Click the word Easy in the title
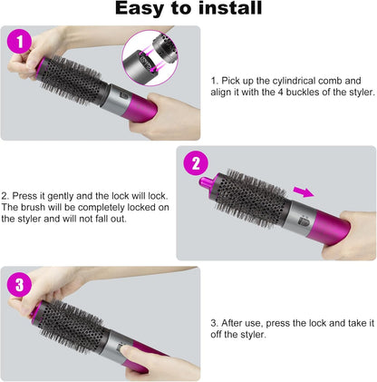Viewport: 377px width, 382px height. [x=140, y=8]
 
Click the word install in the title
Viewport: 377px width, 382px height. [x=230, y=7]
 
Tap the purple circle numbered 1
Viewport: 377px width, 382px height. [x=19, y=42]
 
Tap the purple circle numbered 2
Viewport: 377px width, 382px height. [x=196, y=163]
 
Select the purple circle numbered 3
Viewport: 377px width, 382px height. [x=19, y=285]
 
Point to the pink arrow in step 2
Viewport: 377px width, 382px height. [x=304, y=191]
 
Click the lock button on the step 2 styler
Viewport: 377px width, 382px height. [x=303, y=221]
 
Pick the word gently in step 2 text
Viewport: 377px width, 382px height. [x=61, y=196]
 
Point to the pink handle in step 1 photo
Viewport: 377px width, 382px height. [x=141, y=108]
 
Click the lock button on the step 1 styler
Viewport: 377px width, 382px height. [x=125, y=96]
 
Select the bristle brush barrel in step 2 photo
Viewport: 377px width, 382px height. [x=252, y=198]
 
